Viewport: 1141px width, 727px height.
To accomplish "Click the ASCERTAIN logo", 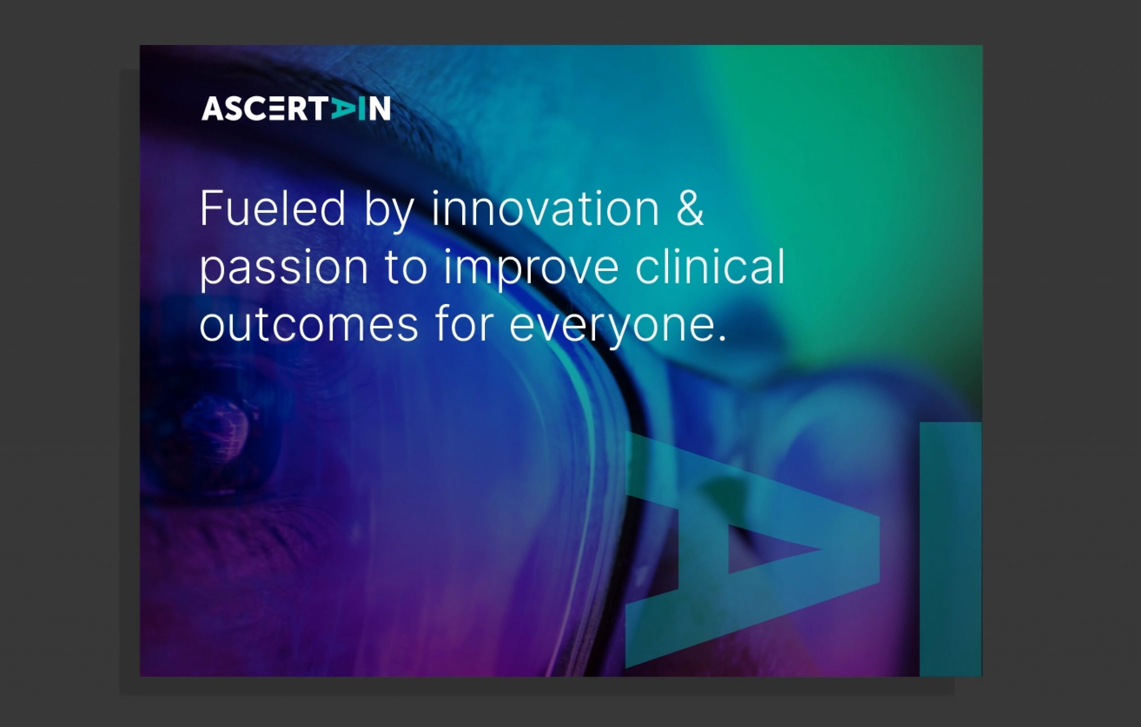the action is click(296, 108).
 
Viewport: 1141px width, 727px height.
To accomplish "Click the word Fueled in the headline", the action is click(272, 209).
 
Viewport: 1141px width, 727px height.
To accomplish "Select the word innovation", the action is click(545, 209).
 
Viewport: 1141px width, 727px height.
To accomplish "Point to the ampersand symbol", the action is click(690, 209).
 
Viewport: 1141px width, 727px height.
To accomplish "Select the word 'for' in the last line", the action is click(464, 323).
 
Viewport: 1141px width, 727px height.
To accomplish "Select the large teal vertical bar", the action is click(951, 549).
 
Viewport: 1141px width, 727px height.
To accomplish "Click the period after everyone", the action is click(722, 337).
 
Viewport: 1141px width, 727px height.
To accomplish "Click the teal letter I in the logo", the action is click(361, 108).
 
